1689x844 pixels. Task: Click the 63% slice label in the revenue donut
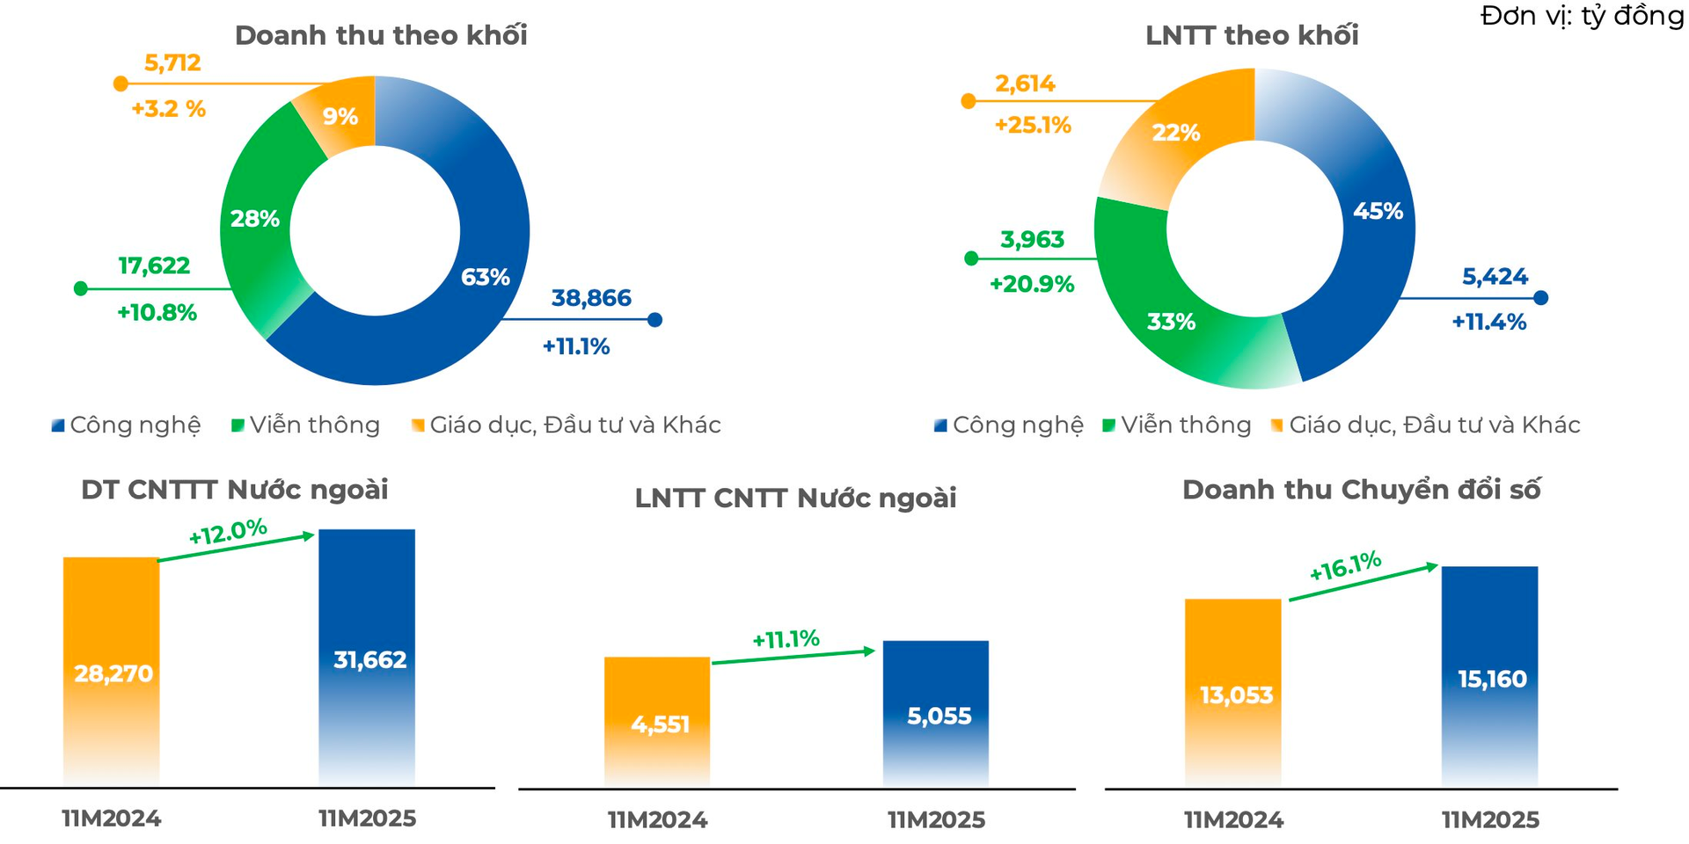click(x=486, y=277)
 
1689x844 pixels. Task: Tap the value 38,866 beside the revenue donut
click(x=591, y=298)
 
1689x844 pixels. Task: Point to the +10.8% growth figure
click(x=157, y=313)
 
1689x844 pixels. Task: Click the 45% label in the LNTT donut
click(x=1378, y=211)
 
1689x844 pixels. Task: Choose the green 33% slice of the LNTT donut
click(x=1171, y=322)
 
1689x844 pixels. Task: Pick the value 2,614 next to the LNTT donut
click(x=1025, y=84)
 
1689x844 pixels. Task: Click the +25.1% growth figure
click(x=1033, y=126)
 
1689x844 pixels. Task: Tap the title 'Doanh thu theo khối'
click(x=381, y=35)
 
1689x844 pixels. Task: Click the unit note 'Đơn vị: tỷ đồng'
click(x=1582, y=16)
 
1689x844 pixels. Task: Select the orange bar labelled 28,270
click(x=112, y=672)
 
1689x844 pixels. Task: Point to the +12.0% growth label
click(x=227, y=532)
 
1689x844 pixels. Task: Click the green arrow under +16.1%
click(x=1363, y=583)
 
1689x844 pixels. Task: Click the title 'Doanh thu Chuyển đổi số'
click(x=1361, y=490)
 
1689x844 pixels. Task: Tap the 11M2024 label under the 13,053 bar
click(x=1233, y=820)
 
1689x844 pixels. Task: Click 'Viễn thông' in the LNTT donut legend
click(x=1185, y=426)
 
